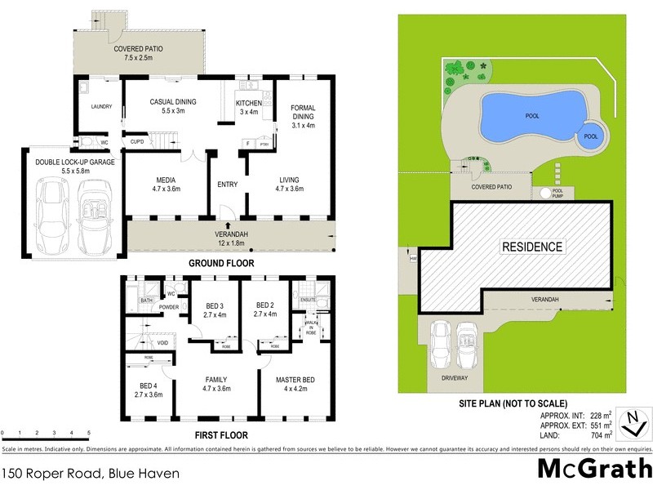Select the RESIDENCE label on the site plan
(531, 246)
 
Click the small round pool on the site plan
(591, 137)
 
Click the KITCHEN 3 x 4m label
(248, 108)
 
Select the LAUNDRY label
(101, 106)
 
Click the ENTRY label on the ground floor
(228, 185)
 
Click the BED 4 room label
(148, 390)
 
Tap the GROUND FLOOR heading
(221, 263)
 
